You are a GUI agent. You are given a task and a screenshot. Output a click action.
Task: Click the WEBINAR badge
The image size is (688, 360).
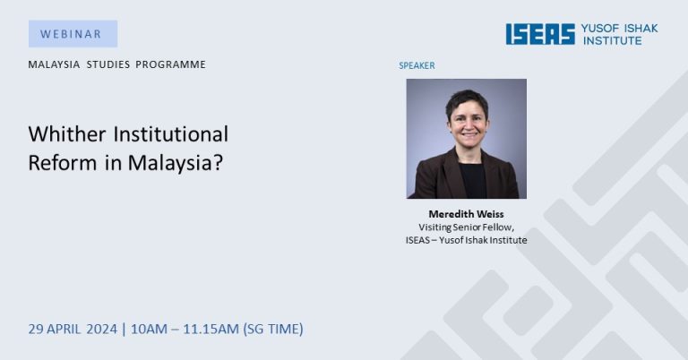[73, 34]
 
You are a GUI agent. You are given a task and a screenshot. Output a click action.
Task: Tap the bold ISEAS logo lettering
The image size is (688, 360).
[540, 34]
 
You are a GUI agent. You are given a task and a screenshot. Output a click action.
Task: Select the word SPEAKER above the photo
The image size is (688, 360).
[417, 65]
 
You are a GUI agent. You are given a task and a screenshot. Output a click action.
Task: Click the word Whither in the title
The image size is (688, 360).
[67, 133]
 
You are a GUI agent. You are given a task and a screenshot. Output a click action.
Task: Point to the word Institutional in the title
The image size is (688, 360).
[171, 133]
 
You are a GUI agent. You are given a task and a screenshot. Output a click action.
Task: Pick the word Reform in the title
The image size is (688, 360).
[63, 163]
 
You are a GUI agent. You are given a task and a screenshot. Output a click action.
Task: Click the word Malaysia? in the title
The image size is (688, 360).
[176, 163]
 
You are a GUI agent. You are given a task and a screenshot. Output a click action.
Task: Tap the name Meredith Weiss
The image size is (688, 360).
[466, 214]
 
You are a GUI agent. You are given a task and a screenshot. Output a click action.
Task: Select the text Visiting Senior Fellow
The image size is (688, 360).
[466, 227]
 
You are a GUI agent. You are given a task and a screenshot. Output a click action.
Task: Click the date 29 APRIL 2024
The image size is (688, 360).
[73, 329]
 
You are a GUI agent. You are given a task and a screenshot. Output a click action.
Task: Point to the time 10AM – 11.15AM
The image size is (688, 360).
[185, 329]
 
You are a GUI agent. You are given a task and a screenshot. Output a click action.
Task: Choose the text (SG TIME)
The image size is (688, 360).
[273, 329]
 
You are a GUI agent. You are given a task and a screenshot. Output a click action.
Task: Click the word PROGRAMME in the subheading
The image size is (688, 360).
[171, 64]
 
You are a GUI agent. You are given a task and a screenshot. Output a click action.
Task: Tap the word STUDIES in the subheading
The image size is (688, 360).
[108, 64]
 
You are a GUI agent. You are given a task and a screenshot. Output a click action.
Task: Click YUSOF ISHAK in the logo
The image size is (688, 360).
[620, 29]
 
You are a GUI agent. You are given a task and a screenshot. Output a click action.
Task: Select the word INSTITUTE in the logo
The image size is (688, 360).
[613, 40]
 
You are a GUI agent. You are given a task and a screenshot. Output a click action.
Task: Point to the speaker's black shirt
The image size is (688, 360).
[472, 180]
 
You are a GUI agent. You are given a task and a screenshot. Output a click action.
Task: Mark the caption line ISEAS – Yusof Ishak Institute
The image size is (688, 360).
[466, 240]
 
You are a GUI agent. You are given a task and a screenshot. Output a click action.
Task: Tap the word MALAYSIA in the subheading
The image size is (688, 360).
[55, 64]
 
